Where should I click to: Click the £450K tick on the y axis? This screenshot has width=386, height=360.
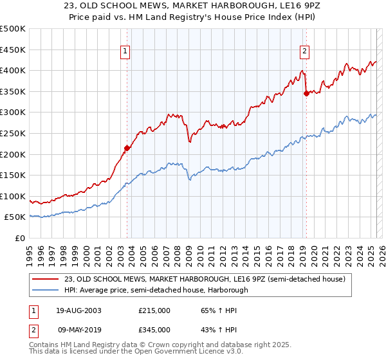[x=13, y=50]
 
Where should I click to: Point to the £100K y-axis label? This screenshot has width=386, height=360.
[x=13, y=196]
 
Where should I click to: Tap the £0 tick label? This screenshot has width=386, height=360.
[x=20, y=238]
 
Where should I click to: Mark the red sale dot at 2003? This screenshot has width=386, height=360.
[x=127, y=148]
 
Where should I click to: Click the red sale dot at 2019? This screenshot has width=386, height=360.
[x=306, y=93]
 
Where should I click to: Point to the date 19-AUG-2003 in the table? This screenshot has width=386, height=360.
[x=78, y=310]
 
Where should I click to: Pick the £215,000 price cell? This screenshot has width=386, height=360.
[x=154, y=310]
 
